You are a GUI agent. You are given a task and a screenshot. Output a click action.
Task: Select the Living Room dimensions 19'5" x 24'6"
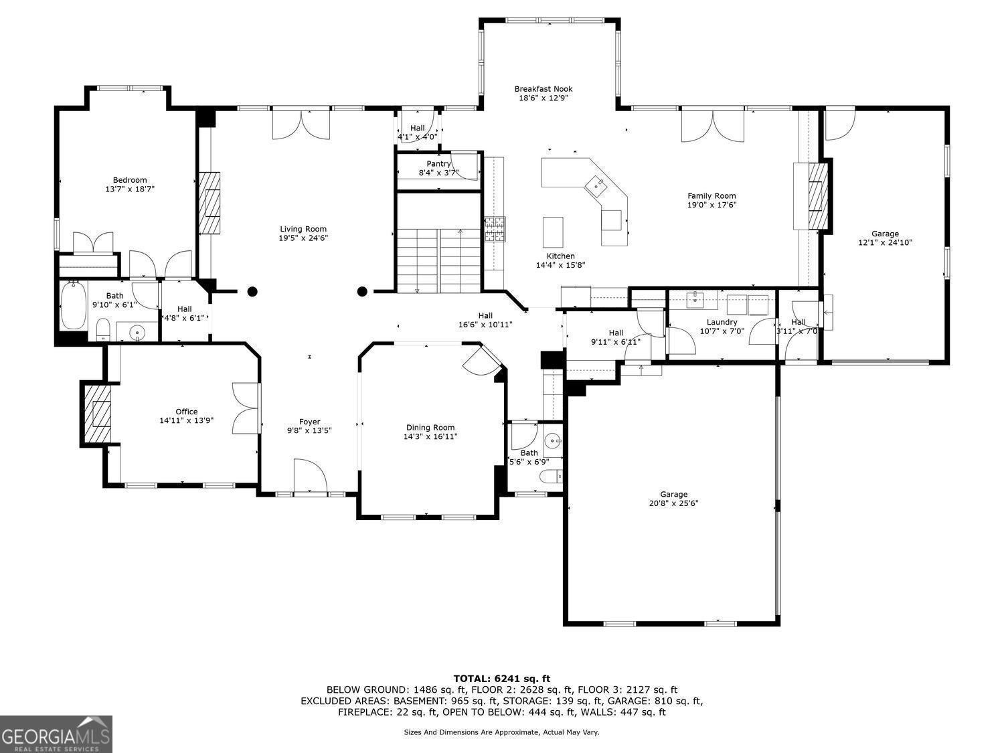303,238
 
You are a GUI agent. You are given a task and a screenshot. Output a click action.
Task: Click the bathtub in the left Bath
73,306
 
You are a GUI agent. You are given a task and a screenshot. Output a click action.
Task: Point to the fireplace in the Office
96,414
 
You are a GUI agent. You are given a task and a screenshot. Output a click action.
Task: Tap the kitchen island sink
595,184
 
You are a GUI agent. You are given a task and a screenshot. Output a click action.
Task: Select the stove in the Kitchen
495,229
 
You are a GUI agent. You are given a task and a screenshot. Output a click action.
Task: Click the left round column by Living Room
252,291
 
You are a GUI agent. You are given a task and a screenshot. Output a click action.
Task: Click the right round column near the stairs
362,291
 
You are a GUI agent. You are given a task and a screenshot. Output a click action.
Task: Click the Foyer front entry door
309,477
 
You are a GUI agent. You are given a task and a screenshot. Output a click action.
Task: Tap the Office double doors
246,408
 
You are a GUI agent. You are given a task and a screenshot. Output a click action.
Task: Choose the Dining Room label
430,428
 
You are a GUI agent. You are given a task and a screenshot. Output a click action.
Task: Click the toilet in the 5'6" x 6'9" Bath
552,477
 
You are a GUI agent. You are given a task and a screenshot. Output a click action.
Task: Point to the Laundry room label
722,322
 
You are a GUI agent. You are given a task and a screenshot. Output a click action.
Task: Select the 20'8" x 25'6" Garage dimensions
673,504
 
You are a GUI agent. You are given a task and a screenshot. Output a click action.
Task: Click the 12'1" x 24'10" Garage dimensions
885,243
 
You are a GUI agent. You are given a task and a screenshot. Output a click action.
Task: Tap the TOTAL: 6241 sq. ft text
501,679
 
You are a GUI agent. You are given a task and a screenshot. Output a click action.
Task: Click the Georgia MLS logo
56,734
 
